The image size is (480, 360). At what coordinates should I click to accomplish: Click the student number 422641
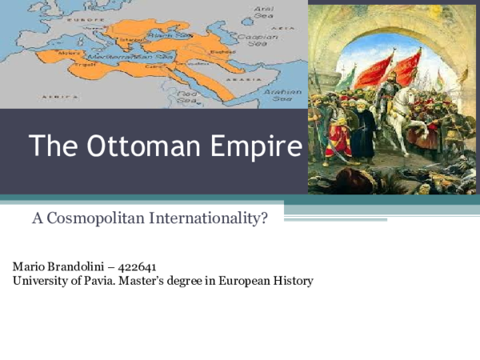coord(139,266)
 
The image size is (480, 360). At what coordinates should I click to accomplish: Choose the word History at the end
coord(293,281)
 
